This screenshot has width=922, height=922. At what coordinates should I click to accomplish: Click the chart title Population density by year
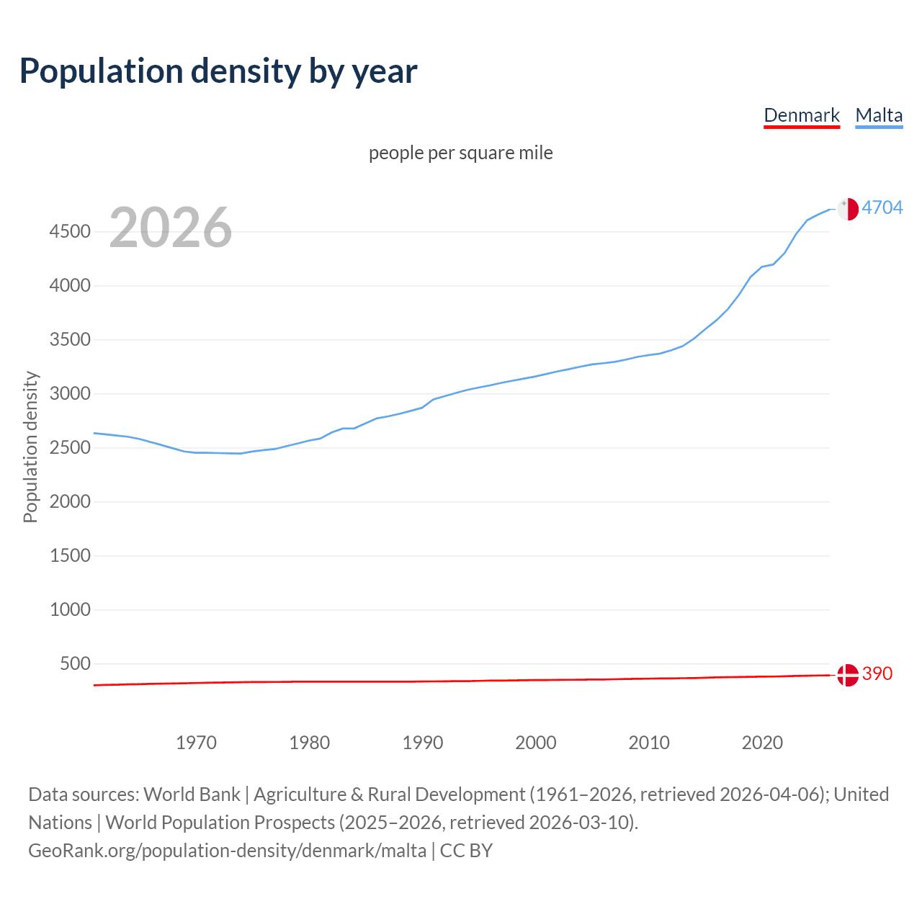[x=218, y=71]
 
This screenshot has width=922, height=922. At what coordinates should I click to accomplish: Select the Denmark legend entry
[x=801, y=115]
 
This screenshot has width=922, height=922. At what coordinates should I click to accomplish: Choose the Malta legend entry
[x=879, y=115]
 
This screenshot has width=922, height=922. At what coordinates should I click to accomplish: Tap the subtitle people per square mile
[x=460, y=153]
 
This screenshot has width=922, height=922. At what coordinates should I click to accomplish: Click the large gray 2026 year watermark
[x=171, y=228]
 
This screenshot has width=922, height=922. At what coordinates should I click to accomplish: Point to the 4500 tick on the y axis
[x=70, y=232]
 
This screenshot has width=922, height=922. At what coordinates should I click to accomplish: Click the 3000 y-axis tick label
[x=70, y=394]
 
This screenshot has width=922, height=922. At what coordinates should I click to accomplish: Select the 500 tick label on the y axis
[x=75, y=664]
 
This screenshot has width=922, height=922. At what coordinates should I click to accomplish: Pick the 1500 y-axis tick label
[x=70, y=556]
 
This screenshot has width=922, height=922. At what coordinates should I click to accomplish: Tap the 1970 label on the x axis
[x=196, y=743]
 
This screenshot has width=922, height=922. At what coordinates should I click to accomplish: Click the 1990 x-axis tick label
[x=423, y=743]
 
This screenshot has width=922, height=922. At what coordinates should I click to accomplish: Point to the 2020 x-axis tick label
[x=762, y=743]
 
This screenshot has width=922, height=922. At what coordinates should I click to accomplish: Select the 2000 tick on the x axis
[x=536, y=743]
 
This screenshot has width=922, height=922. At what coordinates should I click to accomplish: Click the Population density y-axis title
[x=30, y=447]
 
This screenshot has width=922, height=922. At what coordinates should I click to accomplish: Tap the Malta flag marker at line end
[x=848, y=209]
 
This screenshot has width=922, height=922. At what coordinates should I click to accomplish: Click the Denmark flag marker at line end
[x=848, y=675]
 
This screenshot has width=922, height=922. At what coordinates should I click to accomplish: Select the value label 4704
[x=882, y=208]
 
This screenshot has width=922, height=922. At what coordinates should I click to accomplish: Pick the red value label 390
[x=877, y=674]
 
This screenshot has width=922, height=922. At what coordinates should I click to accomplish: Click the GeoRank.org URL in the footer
[x=227, y=851]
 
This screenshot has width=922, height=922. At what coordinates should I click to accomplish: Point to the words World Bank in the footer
[x=192, y=795]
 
